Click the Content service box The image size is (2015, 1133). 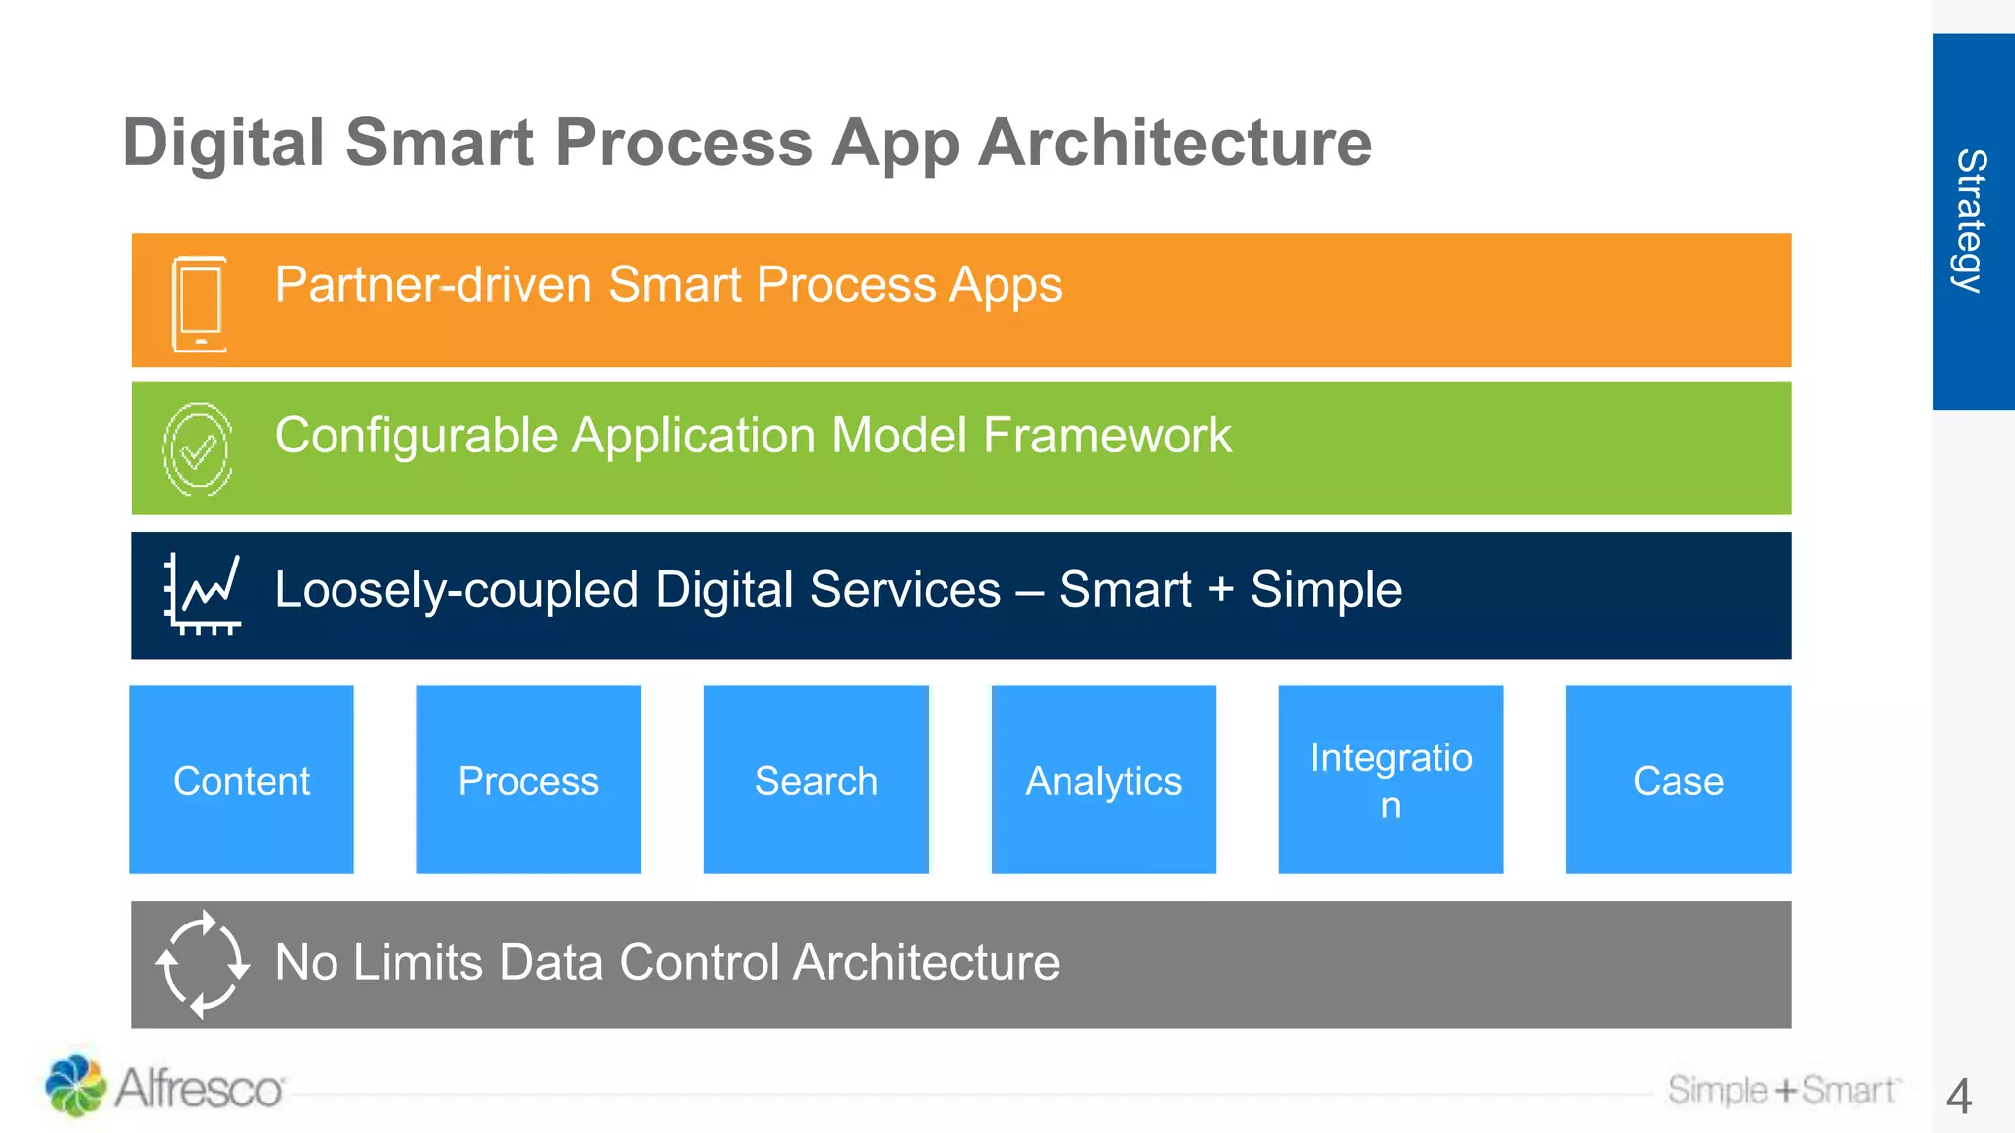pos(241,779)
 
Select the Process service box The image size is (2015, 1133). pos(528,779)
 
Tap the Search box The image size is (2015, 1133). pos(816,779)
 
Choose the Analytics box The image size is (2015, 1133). pos(1103,779)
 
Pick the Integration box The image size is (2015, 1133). pos(1390,779)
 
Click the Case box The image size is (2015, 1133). pos(1678,779)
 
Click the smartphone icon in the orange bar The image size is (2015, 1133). pos(200,303)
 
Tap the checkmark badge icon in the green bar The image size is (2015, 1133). pos(198,450)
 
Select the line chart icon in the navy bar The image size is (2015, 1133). pos(203,594)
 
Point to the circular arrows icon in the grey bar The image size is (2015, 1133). pos(202,964)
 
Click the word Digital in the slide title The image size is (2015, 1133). pos(223,144)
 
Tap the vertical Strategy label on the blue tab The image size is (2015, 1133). pos(1971,221)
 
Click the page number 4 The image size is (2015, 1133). pos(1959,1096)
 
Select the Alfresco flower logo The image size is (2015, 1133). pos(75,1086)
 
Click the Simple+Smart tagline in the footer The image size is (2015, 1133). pos(1783,1090)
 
